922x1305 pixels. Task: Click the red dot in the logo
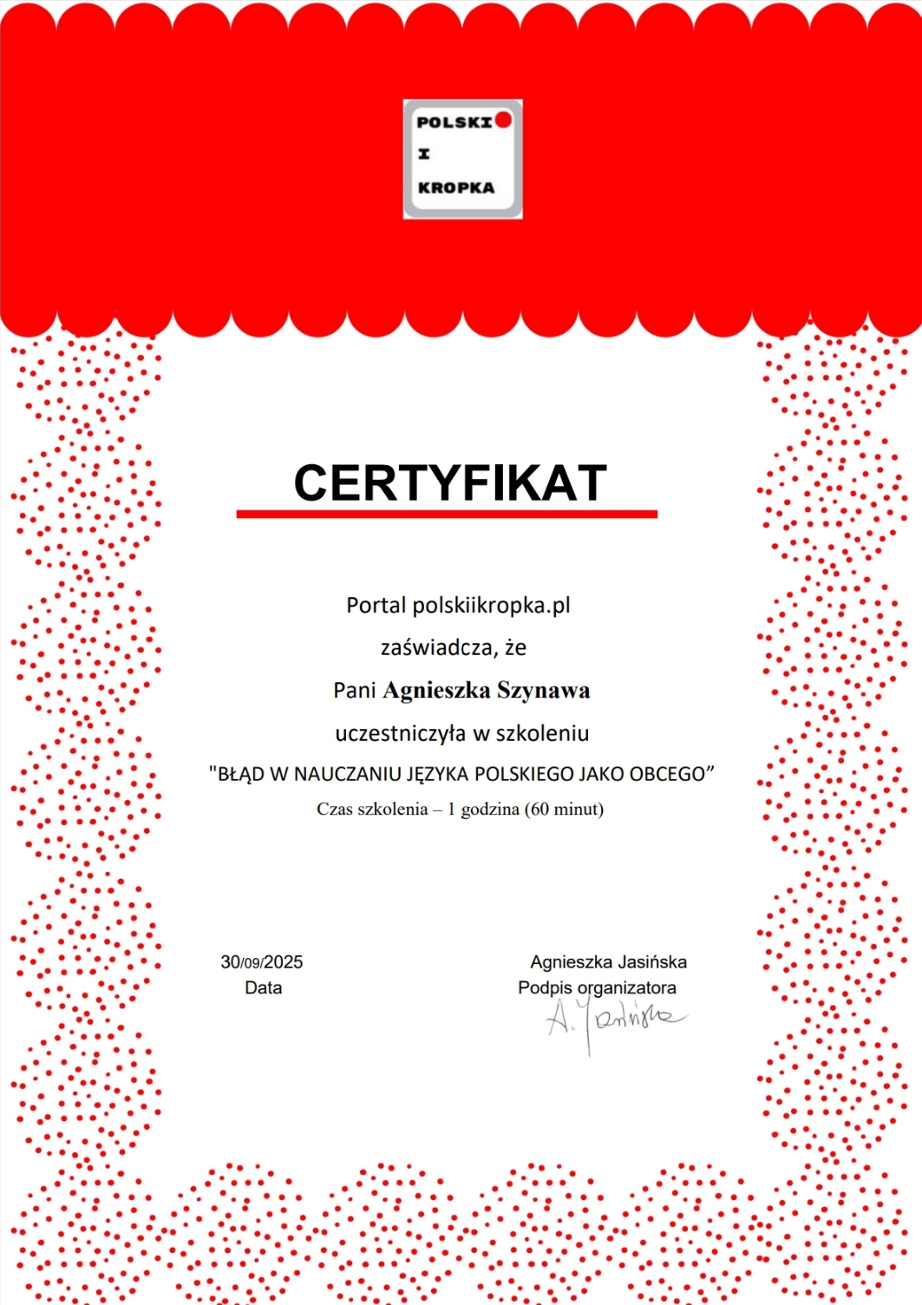[503, 120]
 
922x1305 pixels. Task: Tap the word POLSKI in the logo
[454, 122]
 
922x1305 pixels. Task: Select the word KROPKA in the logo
[456, 187]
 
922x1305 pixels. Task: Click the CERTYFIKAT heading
[449, 482]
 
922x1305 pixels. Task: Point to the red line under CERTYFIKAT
[447, 515]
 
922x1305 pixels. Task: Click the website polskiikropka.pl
[491, 606]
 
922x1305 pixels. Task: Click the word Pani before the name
[354, 691]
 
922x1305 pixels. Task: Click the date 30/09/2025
[262, 962]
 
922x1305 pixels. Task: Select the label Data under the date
[264, 988]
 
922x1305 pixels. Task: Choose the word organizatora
[626, 988]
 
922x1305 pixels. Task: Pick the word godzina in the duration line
[490, 810]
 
